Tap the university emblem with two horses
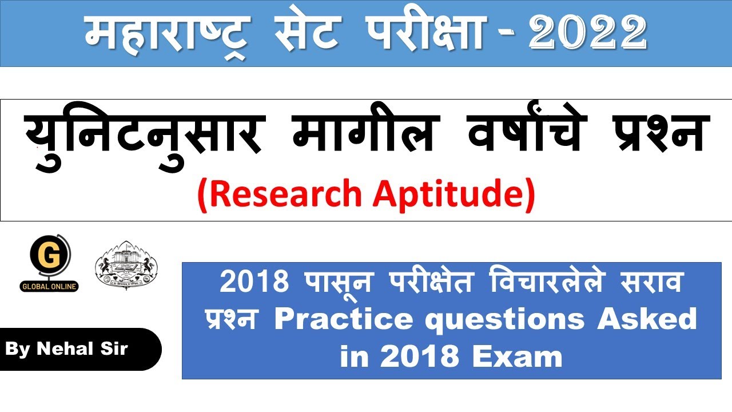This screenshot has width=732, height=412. (126, 264)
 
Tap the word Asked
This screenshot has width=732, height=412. (647, 319)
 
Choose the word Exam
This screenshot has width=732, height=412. (518, 357)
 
